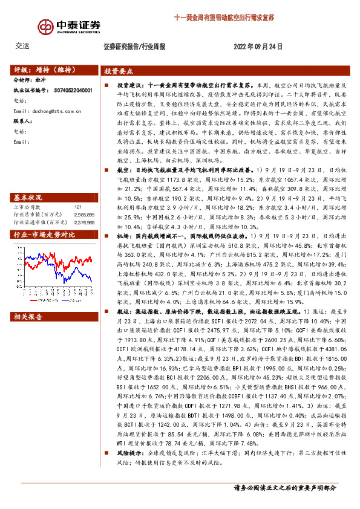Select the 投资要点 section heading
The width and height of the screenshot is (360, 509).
tap(119, 70)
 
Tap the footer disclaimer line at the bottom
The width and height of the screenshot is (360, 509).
tap(284, 487)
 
